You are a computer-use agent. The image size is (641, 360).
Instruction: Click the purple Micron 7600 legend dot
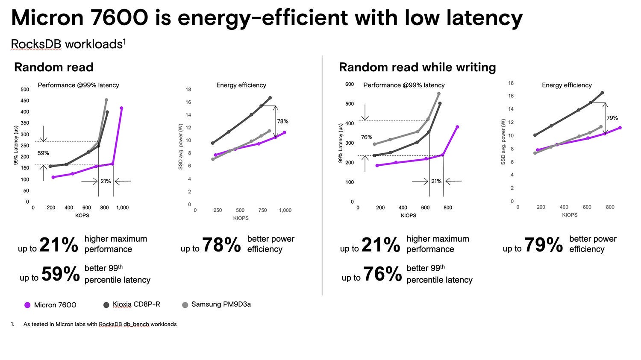[x=27, y=305]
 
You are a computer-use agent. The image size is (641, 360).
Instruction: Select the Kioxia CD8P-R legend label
[x=136, y=304]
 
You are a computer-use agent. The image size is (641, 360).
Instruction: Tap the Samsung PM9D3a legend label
[x=221, y=304]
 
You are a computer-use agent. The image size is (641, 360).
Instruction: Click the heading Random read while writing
[x=417, y=67]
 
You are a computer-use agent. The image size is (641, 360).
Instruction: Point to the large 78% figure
[x=221, y=245]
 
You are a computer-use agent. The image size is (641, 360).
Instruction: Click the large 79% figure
[x=544, y=245]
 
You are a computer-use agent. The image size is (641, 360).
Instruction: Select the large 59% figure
[x=60, y=274]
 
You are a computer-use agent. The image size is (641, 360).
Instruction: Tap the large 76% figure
[x=382, y=274]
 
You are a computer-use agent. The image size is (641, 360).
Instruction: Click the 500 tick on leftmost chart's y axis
[x=25, y=90]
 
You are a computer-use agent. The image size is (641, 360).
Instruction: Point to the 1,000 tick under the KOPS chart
[x=122, y=208]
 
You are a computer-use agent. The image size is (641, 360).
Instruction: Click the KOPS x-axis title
[x=82, y=216]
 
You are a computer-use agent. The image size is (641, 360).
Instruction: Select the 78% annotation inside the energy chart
[x=282, y=121]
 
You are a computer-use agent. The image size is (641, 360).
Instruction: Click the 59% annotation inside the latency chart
[x=43, y=153]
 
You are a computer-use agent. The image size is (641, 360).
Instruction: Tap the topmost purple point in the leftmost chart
[x=122, y=108]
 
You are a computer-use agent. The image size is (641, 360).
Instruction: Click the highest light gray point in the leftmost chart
[x=106, y=100]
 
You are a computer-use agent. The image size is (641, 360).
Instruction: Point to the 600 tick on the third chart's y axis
[x=350, y=85]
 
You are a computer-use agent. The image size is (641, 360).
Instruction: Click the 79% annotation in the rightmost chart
[x=612, y=118]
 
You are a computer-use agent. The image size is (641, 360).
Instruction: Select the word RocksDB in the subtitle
[x=36, y=44]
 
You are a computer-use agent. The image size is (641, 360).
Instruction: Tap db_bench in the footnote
[x=136, y=325]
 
